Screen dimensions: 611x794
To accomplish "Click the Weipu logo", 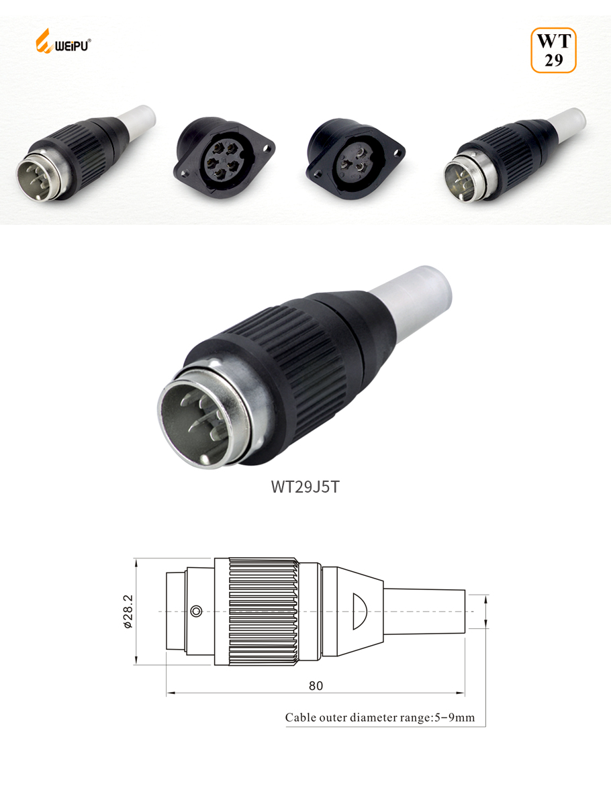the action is coord(63,42).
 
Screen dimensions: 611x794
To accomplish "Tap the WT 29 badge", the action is coord(553,50).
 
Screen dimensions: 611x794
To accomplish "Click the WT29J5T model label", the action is coord(305,487).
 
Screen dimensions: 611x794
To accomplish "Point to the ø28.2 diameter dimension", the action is coord(128,611).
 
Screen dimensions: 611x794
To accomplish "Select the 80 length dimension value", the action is coord(316,686).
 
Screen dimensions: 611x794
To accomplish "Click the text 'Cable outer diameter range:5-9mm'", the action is coord(380,717).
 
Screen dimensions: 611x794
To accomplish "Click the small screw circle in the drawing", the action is coord(196,611).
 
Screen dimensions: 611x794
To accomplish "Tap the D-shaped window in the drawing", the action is coord(359,611).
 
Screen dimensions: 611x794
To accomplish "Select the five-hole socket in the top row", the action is coord(224,158).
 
